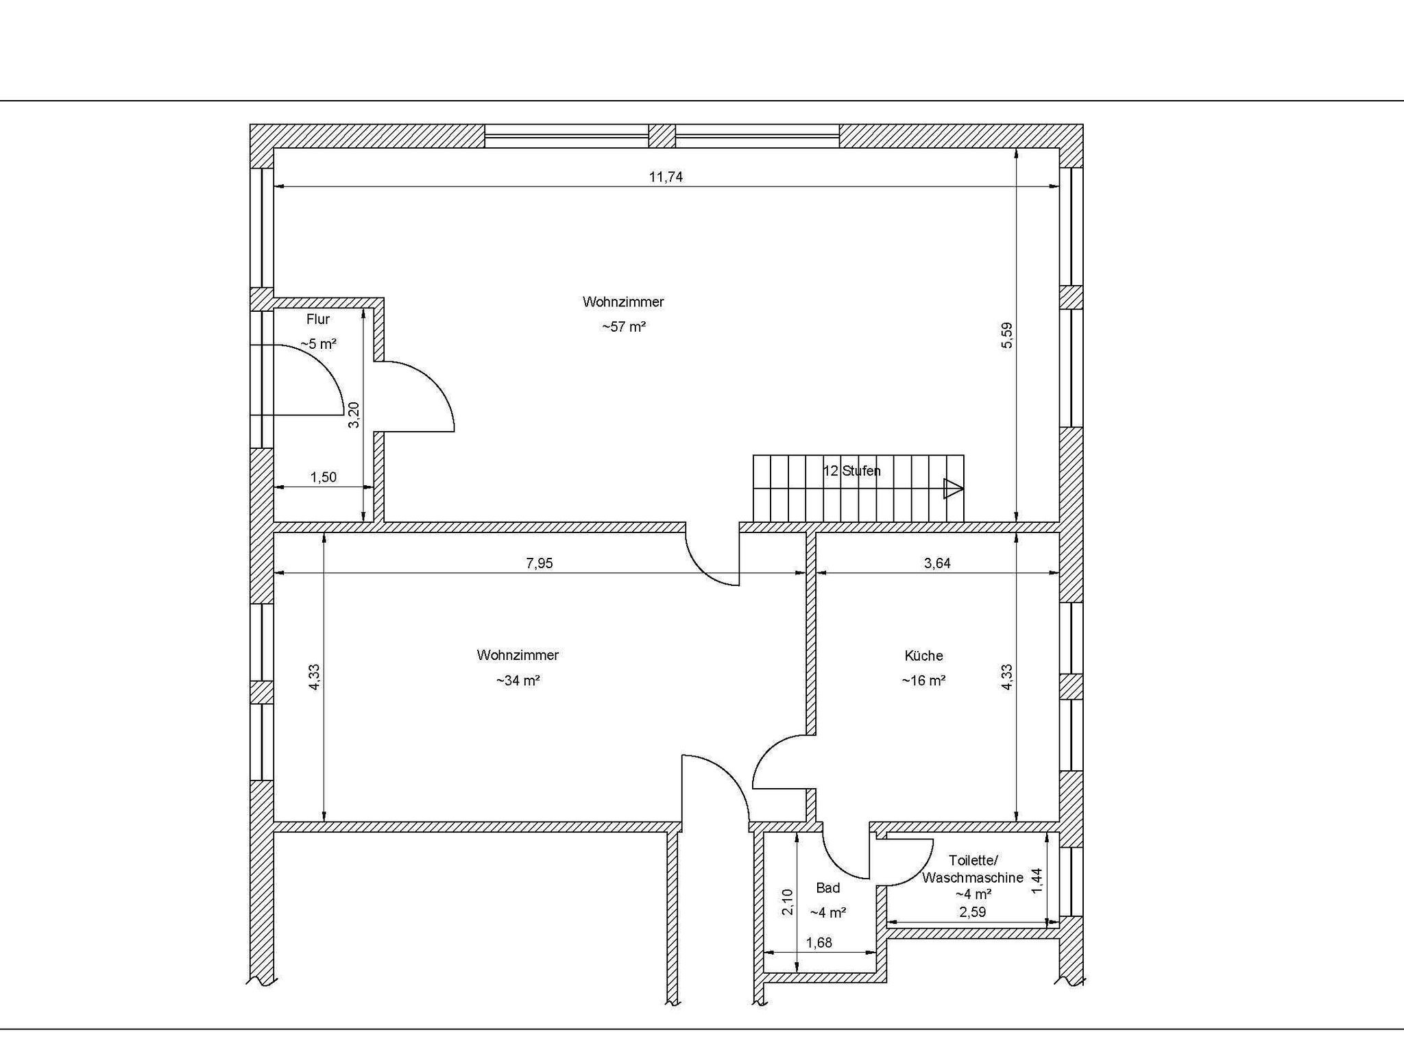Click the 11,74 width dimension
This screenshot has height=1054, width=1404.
pos(666,177)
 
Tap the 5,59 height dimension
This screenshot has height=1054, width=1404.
pos(1006,336)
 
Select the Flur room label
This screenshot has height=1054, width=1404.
pos(318,319)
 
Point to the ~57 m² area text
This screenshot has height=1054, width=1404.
pos(624,327)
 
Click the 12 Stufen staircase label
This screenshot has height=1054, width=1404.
pos(851,471)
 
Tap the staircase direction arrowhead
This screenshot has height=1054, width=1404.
pos(954,489)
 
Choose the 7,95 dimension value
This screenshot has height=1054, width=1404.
pos(539,563)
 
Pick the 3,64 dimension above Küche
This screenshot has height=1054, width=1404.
pos(937,563)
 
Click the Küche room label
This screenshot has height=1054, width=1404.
pos(923,656)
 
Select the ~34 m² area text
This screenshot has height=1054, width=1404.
pos(518,681)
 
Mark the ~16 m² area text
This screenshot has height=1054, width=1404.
pos(923,681)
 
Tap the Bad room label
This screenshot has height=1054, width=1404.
pos(828,888)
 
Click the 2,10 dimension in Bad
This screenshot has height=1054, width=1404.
pos(788,902)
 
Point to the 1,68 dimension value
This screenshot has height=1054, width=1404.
pos(819,943)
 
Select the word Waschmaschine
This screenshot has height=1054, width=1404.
pos(973,877)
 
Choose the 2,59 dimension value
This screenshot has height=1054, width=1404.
pos(972,912)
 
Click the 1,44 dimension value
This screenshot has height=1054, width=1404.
pos(1037,881)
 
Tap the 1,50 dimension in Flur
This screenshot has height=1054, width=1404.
pos(324,477)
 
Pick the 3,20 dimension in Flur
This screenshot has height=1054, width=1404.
pos(354,415)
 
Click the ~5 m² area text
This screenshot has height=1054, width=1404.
pos(318,344)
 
